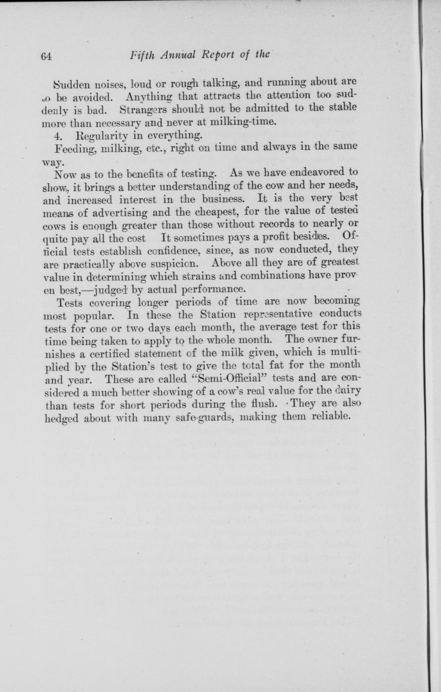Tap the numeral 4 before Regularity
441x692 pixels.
(x=57, y=134)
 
